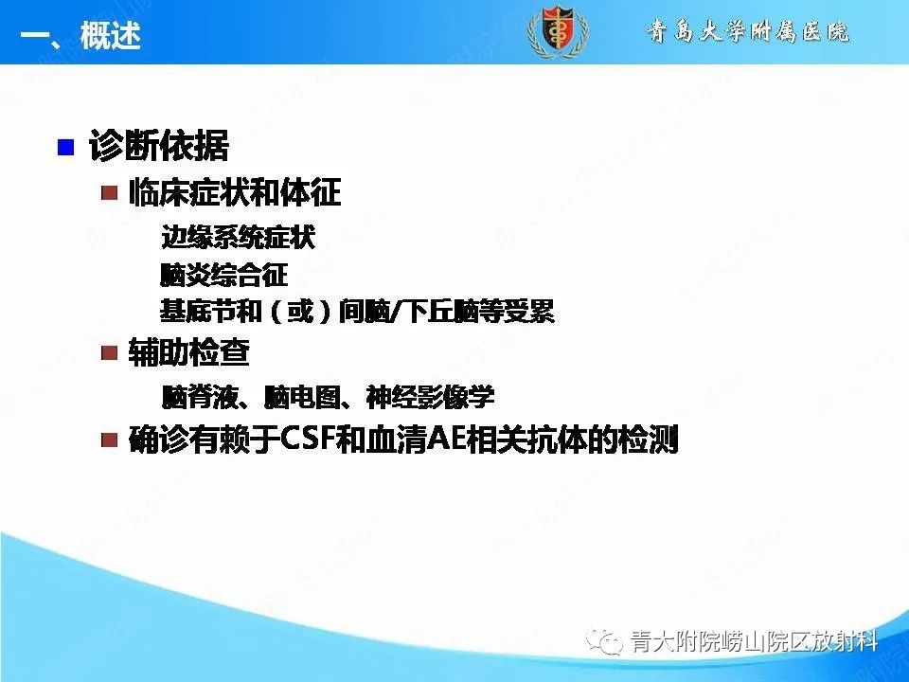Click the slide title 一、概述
pyautogui.click(x=80, y=38)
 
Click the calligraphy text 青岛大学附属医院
pyautogui.click(x=748, y=32)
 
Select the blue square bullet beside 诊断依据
pyautogui.click(x=65, y=147)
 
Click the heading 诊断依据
pyautogui.click(x=158, y=147)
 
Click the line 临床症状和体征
pyautogui.click(x=234, y=193)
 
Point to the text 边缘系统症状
pyautogui.click(x=238, y=238)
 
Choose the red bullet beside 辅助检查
pyautogui.click(x=111, y=353)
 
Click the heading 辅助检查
pyautogui.click(x=188, y=353)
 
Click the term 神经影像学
pyautogui.click(x=430, y=396)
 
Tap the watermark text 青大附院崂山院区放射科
pyautogui.click(x=753, y=642)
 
